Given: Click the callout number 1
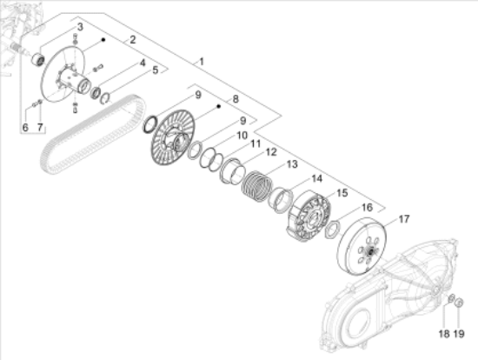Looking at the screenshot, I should [x=201, y=62].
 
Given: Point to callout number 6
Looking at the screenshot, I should [x=25, y=129].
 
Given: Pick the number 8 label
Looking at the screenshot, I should [x=235, y=101].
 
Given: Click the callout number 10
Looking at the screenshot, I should [x=242, y=136].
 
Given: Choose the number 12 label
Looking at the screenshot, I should [x=271, y=152].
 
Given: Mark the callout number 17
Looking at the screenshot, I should [x=403, y=218].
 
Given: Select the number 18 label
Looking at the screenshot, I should [x=443, y=333].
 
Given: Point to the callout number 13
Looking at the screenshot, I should [x=293, y=164].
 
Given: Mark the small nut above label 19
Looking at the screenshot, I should [x=460, y=303].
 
